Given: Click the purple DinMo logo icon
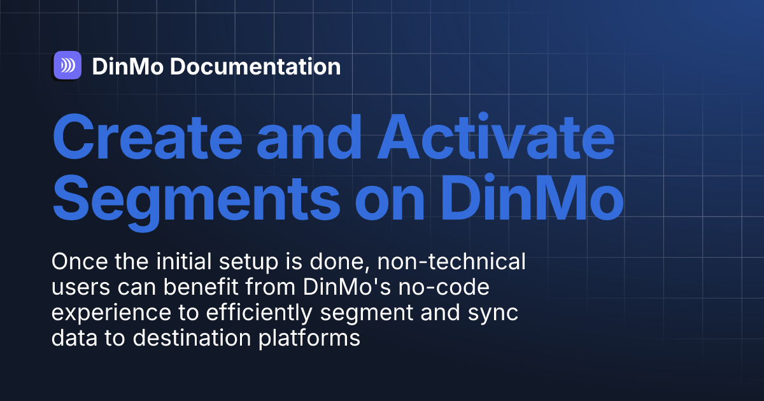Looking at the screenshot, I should (67, 66).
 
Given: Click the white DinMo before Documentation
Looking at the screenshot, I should (127, 66).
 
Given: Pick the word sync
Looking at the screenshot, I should (494, 314).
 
